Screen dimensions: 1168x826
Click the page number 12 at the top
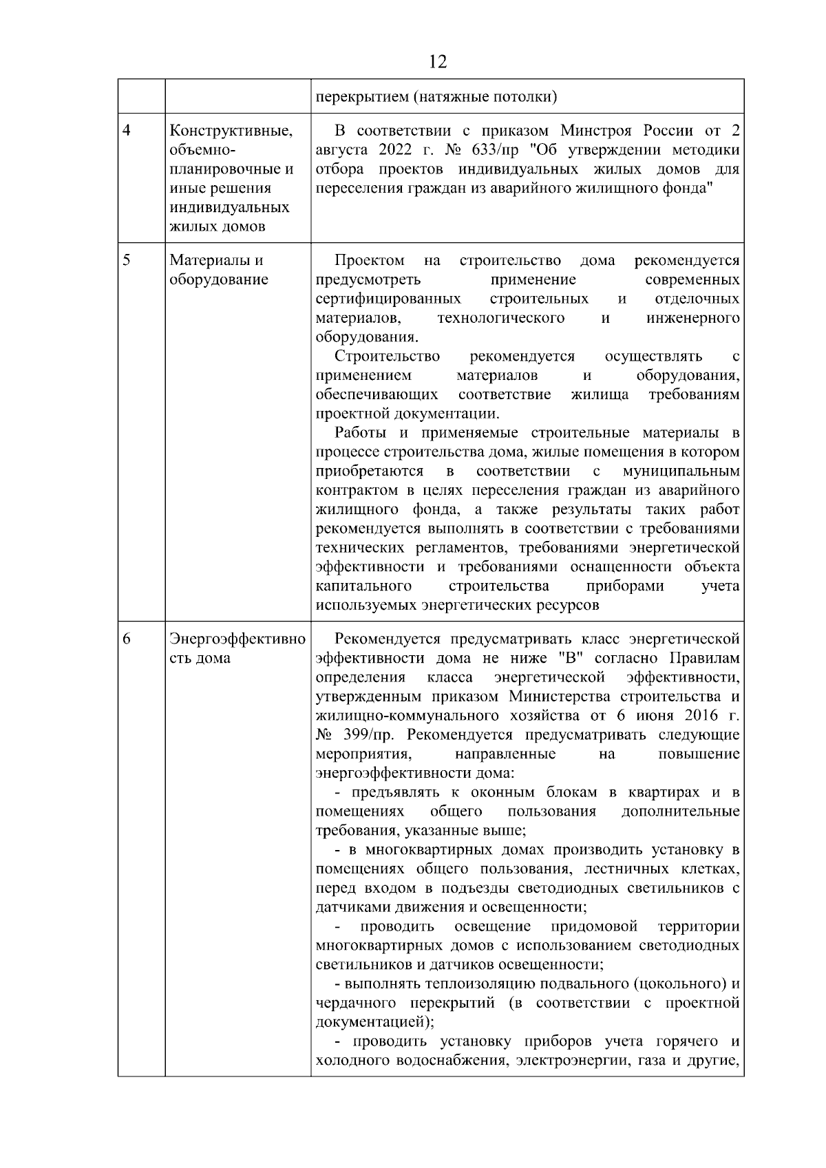(437, 62)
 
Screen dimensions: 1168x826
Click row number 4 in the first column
(127, 131)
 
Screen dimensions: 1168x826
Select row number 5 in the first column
(127, 260)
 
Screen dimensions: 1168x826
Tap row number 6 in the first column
(127, 638)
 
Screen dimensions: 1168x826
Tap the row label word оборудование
(219, 279)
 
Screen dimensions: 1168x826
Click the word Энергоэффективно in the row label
(237, 638)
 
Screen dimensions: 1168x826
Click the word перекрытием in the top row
(360, 97)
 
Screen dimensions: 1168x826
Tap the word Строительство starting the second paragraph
(387, 357)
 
